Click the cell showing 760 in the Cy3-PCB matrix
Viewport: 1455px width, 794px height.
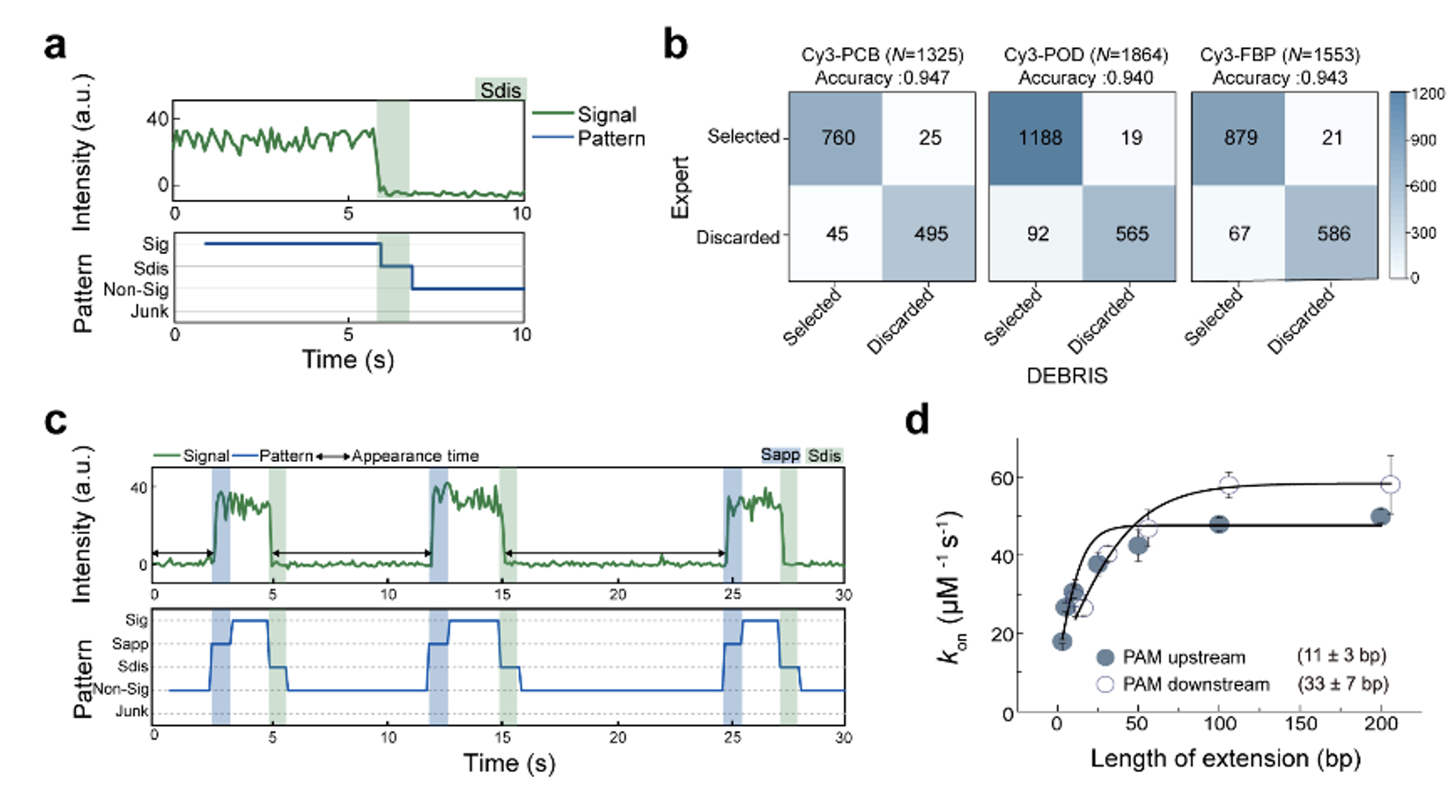pos(836,138)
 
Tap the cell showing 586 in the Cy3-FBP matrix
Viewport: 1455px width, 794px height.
pos(1332,234)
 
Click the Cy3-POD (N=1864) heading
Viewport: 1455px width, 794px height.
pos(1085,54)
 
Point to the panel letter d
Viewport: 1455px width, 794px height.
pos(917,421)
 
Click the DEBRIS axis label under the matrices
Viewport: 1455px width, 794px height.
pos(1066,375)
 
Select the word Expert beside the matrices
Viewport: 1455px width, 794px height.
pos(680,188)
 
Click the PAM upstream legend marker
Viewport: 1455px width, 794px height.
pos(1105,657)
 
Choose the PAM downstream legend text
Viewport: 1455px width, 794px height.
pos(1195,684)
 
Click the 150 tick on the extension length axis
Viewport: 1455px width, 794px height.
pos(1300,723)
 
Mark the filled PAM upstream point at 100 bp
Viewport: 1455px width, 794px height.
pos(1218,524)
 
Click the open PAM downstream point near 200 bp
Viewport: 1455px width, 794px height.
pos(1390,485)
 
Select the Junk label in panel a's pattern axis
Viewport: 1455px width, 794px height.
pos(149,311)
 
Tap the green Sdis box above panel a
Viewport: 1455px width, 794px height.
pos(500,89)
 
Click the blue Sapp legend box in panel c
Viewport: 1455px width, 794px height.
pos(779,455)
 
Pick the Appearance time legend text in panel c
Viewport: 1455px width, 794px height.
pos(415,456)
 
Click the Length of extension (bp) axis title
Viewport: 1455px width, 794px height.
pos(1224,758)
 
